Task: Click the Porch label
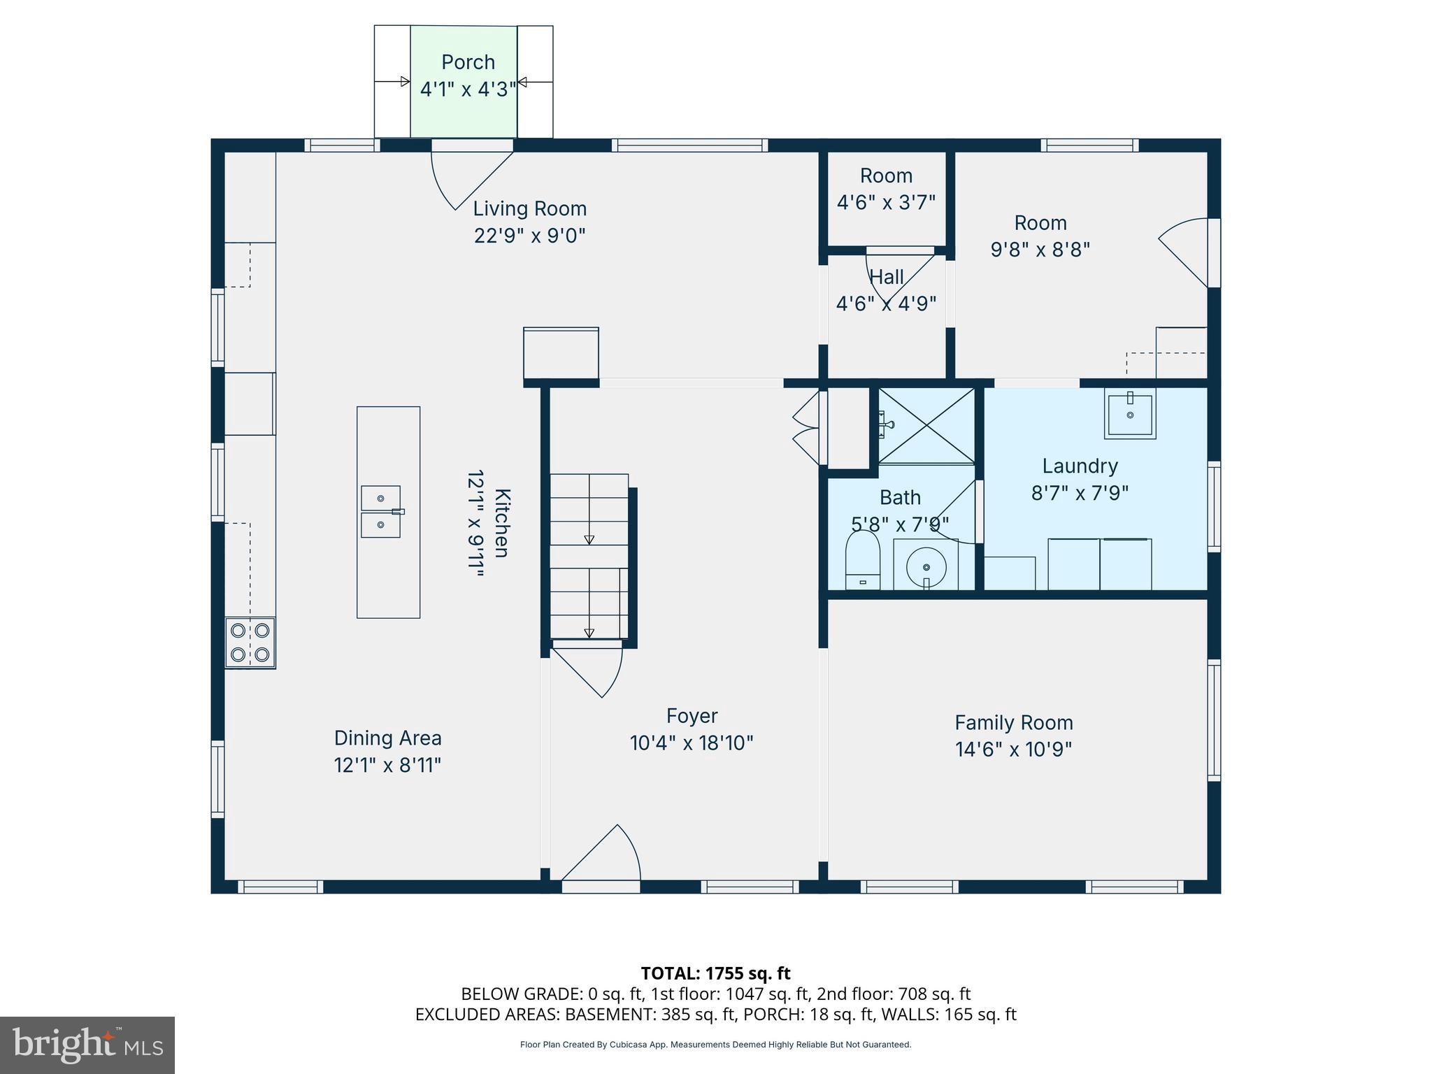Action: tap(468, 62)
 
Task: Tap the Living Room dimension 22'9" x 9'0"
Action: tap(529, 236)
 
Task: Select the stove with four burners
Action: tap(250, 643)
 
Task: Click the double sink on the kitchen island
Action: tap(381, 512)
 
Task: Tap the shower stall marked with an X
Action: tap(926, 424)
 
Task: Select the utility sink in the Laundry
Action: tap(1130, 414)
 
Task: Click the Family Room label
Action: tap(1013, 722)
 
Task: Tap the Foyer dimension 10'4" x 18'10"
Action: tap(692, 743)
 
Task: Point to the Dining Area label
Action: tap(387, 738)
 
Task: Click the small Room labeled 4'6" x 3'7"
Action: tap(886, 188)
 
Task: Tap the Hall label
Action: tap(887, 278)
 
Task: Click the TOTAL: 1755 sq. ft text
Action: tap(715, 973)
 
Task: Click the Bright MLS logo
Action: tap(87, 1045)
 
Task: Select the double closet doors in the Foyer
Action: tap(807, 427)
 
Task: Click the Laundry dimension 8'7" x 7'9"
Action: tap(1080, 493)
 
